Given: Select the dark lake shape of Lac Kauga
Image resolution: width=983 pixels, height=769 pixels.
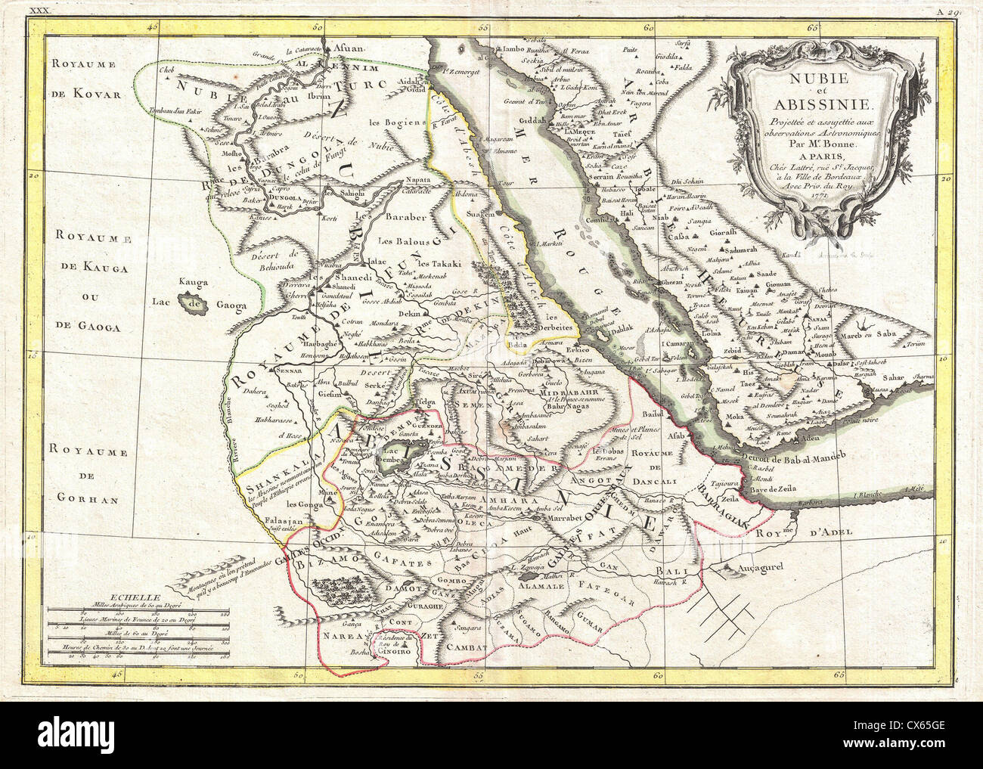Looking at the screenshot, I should click(x=187, y=304).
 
